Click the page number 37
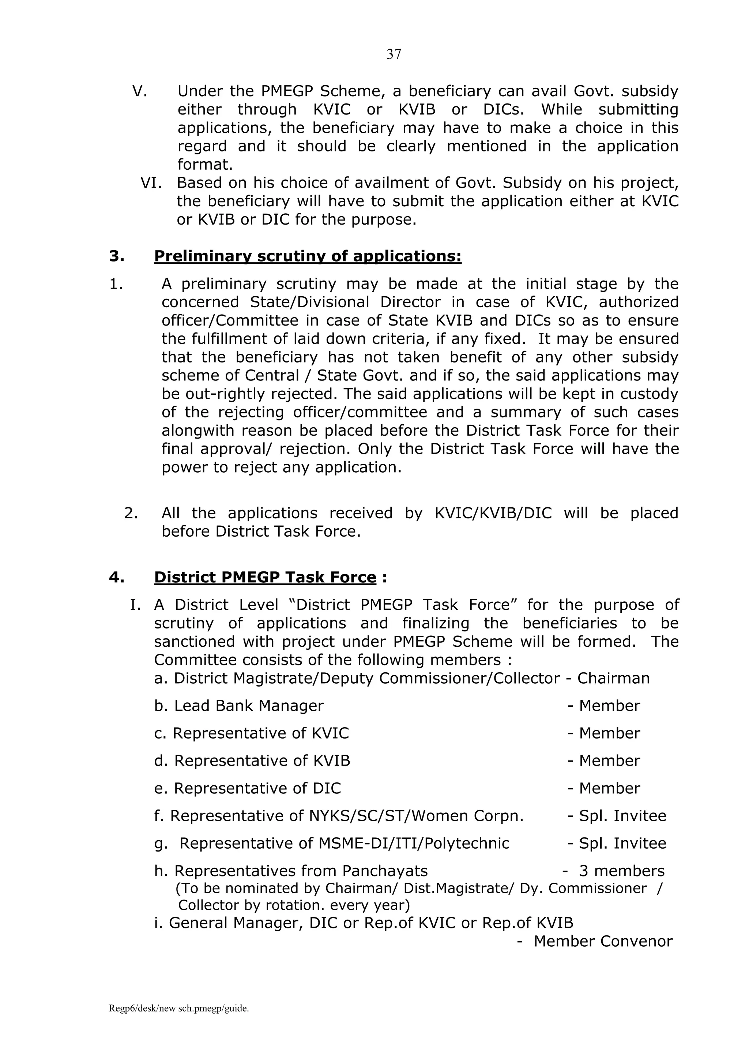point(394,55)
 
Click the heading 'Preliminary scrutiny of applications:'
point(308,256)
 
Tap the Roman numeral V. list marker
point(140,91)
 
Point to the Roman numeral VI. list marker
point(151,183)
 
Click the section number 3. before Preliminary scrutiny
point(117,256)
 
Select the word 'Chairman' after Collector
point(613,679)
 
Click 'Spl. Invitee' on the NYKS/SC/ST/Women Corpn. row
point(622,816)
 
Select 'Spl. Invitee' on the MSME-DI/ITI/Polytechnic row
point(622,843)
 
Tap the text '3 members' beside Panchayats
point(622,871)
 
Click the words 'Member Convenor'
point(603,941)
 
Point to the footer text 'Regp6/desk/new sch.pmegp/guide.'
point(179,1009)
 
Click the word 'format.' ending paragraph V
point(205,165)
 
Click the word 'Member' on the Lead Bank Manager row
point(609,706)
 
